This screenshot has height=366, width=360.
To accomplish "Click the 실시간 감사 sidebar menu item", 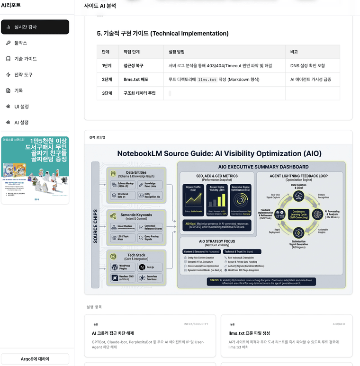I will pos(35,27).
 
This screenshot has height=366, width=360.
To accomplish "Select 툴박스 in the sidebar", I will pos(21,43).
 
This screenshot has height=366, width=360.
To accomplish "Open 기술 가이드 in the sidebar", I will pos(26,59).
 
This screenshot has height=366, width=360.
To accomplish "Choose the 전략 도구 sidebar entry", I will pos(24,75).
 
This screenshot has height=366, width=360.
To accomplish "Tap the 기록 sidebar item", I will pos(18,90).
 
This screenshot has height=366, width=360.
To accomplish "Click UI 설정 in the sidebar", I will pos(22,107).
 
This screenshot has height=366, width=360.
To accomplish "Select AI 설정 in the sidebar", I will pos(21,122).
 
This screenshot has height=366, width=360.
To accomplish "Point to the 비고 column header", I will pos(294,52).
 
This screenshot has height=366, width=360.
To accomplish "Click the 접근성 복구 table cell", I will pos(133,66).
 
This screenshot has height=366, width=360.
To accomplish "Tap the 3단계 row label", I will pos(107,93).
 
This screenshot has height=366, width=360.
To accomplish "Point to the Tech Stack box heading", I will pos(136,256).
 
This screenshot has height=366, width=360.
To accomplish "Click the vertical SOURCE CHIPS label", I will pos(95,224).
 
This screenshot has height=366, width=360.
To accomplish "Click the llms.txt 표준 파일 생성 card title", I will pos(249,333).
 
